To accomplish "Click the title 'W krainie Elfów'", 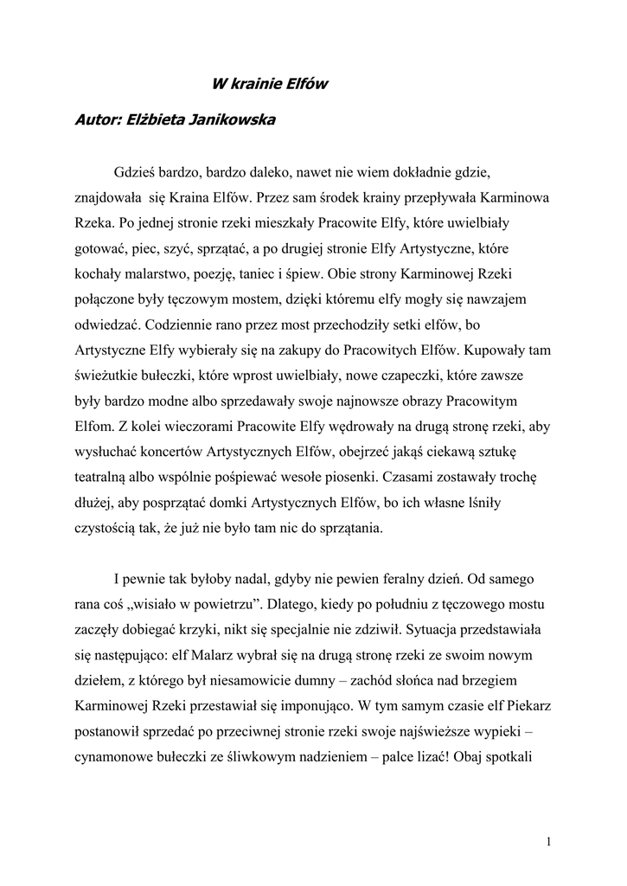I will pos(271,84).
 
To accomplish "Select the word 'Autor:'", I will pos(99,120).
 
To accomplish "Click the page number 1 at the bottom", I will pos(550,841).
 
